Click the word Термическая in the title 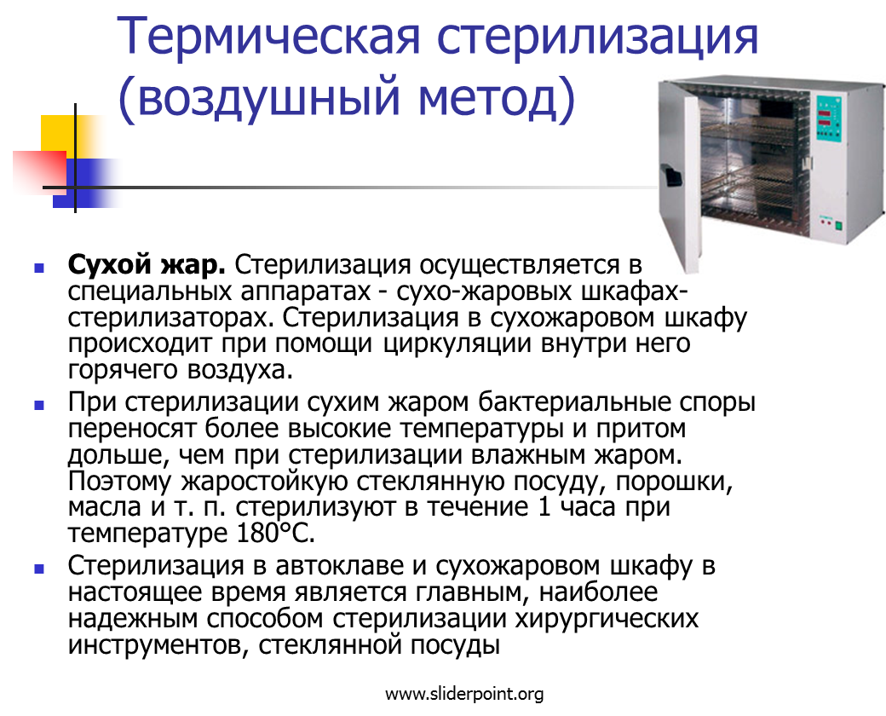pyautogui.click(x=270, y=36)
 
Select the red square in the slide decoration pyautogui.click(x=39, y=171)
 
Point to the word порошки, pyautogui.click(x=674, y=482)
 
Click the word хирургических pyautogui.click(x=607, y=620)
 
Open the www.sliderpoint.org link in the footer pyautogui.click(x=464, y=694)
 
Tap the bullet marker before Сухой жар pyautogui.click(x=39, y=268)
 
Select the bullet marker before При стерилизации pyautogui.click(x=39, y=405)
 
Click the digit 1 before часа pyautogui.click(x=544, y=507)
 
